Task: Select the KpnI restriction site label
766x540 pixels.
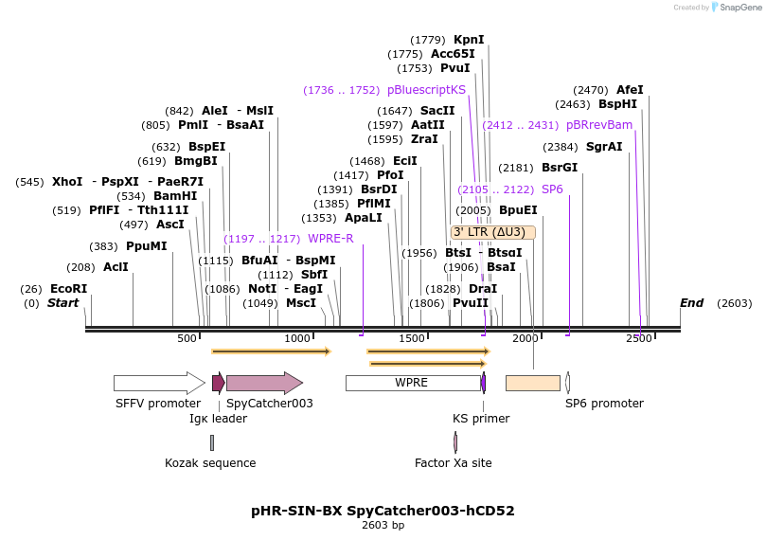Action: coord(469,40)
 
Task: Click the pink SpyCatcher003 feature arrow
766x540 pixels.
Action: coord(264,383)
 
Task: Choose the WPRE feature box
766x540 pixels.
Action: coord(412,383)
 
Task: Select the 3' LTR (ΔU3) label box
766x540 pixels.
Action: coord(493,232)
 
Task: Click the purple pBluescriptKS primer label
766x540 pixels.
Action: coord(426,90)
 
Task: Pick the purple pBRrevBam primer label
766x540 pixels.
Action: coord(598,125)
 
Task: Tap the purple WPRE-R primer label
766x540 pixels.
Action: coord(330,239)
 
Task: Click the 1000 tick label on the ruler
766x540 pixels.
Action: coord(298,338)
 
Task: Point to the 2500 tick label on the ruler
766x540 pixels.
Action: coord(638,338)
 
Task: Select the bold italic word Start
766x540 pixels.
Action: coord(63,303)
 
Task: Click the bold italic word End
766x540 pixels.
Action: coord(692,303)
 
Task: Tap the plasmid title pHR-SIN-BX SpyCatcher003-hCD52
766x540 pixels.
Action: coord(383,511)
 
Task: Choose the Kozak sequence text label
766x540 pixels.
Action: coord(210,463)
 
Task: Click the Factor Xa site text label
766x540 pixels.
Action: coord(453,463)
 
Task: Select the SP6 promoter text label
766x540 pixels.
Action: coord(604,404)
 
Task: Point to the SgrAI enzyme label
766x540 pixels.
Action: coord(604,147)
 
